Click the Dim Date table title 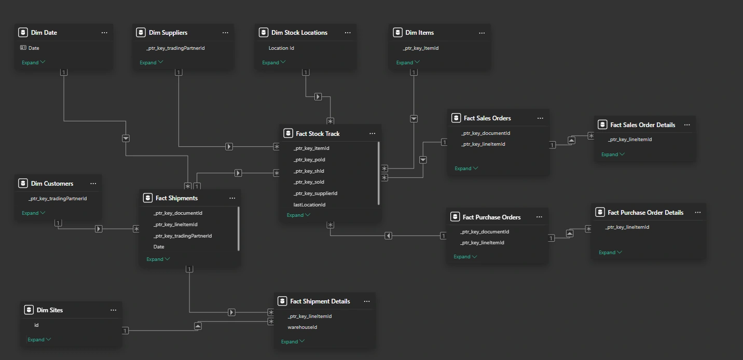tap(44, 33)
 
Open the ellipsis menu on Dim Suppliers tap(225, 33)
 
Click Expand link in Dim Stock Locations tap(273, 63)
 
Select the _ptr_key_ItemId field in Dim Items tap(421, 48)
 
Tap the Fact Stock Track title tap(318, 134)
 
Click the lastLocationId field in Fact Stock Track tap(309, 205)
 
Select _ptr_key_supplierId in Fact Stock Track tap(315, 193)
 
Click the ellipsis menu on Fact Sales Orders tap(540, 118)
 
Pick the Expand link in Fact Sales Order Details tap(613, 155)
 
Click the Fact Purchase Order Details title tap(645, 213)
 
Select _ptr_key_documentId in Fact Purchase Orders tap(485, 232)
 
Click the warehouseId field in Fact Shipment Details tap(302, 327)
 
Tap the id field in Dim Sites tap(36, 325)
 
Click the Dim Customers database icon tap(23, 184)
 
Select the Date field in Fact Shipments tap(159, 247)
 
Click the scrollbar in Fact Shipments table tap(239, 228)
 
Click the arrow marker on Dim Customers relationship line tap(99, 229)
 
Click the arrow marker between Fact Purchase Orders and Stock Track tap(388, 236)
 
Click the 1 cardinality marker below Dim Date tap(64, 73)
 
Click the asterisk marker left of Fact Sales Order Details tap(590, 136)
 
